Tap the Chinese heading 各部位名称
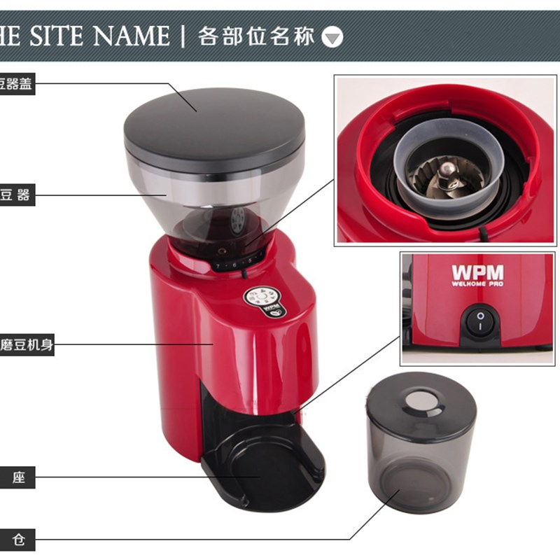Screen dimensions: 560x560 tap(256, 36)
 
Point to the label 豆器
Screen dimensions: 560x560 tap(15, 195)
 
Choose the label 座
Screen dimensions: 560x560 tap(17, 479)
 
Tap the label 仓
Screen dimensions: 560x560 tap(17, 540)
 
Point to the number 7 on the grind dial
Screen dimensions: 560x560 tap(217, 267)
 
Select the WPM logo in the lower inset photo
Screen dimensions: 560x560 tap(477, 272)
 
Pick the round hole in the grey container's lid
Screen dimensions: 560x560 tap(420, 400)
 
